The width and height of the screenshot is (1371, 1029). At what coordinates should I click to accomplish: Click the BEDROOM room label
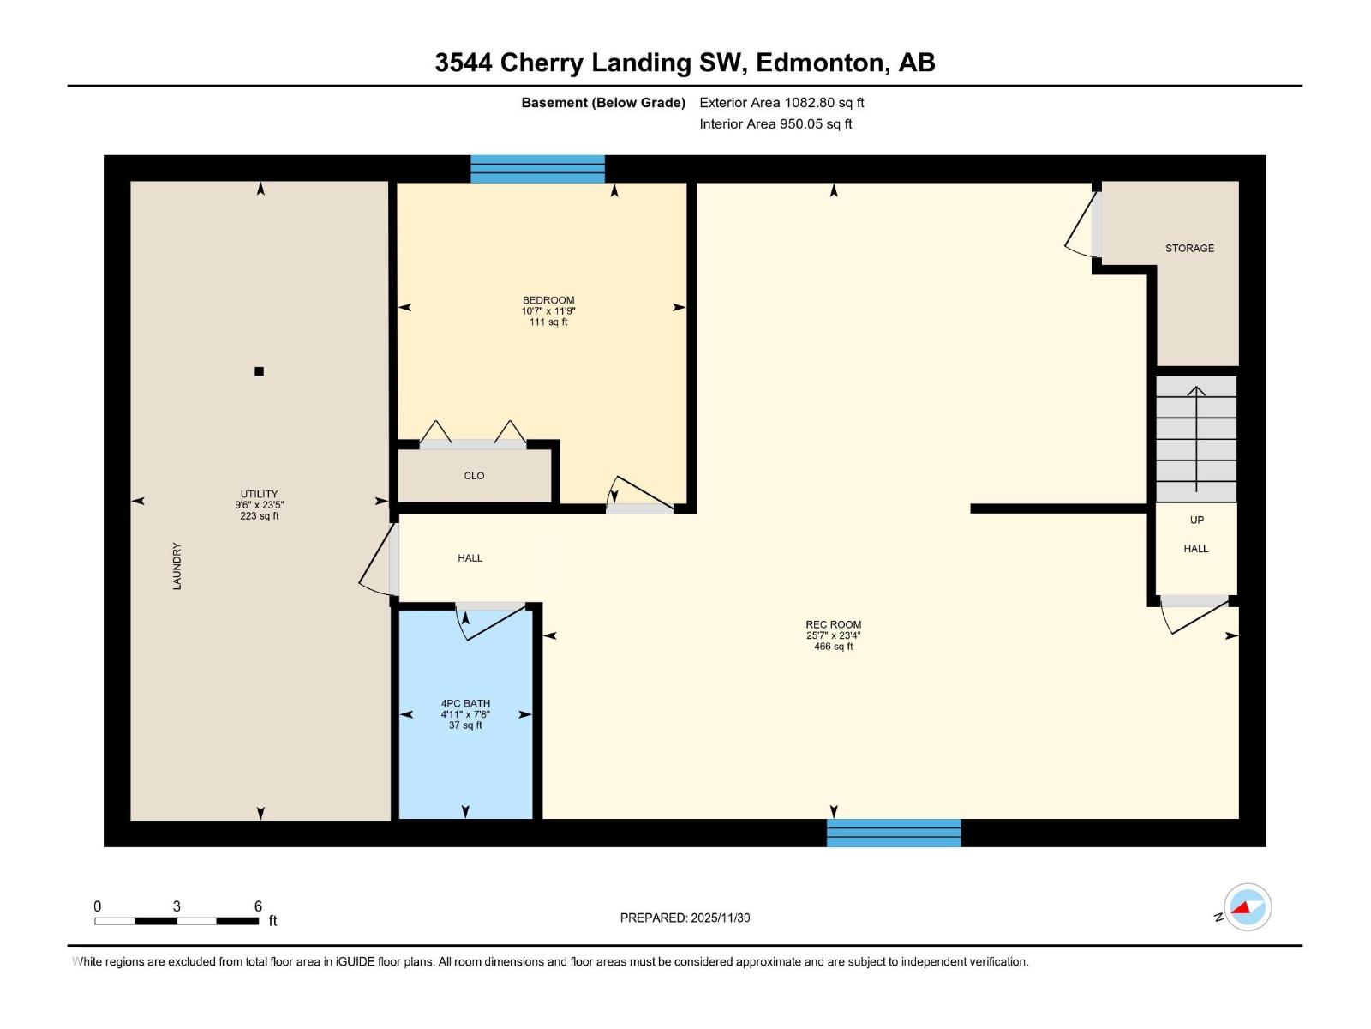548,300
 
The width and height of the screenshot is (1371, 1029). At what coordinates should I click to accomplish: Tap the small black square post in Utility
259,371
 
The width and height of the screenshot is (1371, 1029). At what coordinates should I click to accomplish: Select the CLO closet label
474,476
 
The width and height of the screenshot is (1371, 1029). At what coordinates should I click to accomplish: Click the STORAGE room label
1189,248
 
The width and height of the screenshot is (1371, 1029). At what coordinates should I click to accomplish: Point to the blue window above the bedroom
537,169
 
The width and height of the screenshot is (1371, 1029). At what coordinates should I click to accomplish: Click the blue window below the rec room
894,833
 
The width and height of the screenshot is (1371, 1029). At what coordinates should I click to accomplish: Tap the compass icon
1248,907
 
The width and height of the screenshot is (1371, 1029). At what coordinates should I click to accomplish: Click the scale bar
177,921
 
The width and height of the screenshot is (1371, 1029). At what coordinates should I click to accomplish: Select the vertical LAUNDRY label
177,566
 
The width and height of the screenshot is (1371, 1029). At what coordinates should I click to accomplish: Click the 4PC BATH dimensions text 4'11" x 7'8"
465,714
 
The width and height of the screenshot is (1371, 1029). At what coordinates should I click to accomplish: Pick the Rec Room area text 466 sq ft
833,647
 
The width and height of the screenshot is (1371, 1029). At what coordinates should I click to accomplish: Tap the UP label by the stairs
1196,520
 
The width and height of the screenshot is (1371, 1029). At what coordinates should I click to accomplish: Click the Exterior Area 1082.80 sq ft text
781,102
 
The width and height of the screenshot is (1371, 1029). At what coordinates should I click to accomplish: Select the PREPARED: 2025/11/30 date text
685,918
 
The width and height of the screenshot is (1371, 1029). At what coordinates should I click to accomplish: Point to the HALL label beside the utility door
470,558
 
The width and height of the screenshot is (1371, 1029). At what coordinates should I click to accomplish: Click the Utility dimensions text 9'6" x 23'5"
259,505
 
